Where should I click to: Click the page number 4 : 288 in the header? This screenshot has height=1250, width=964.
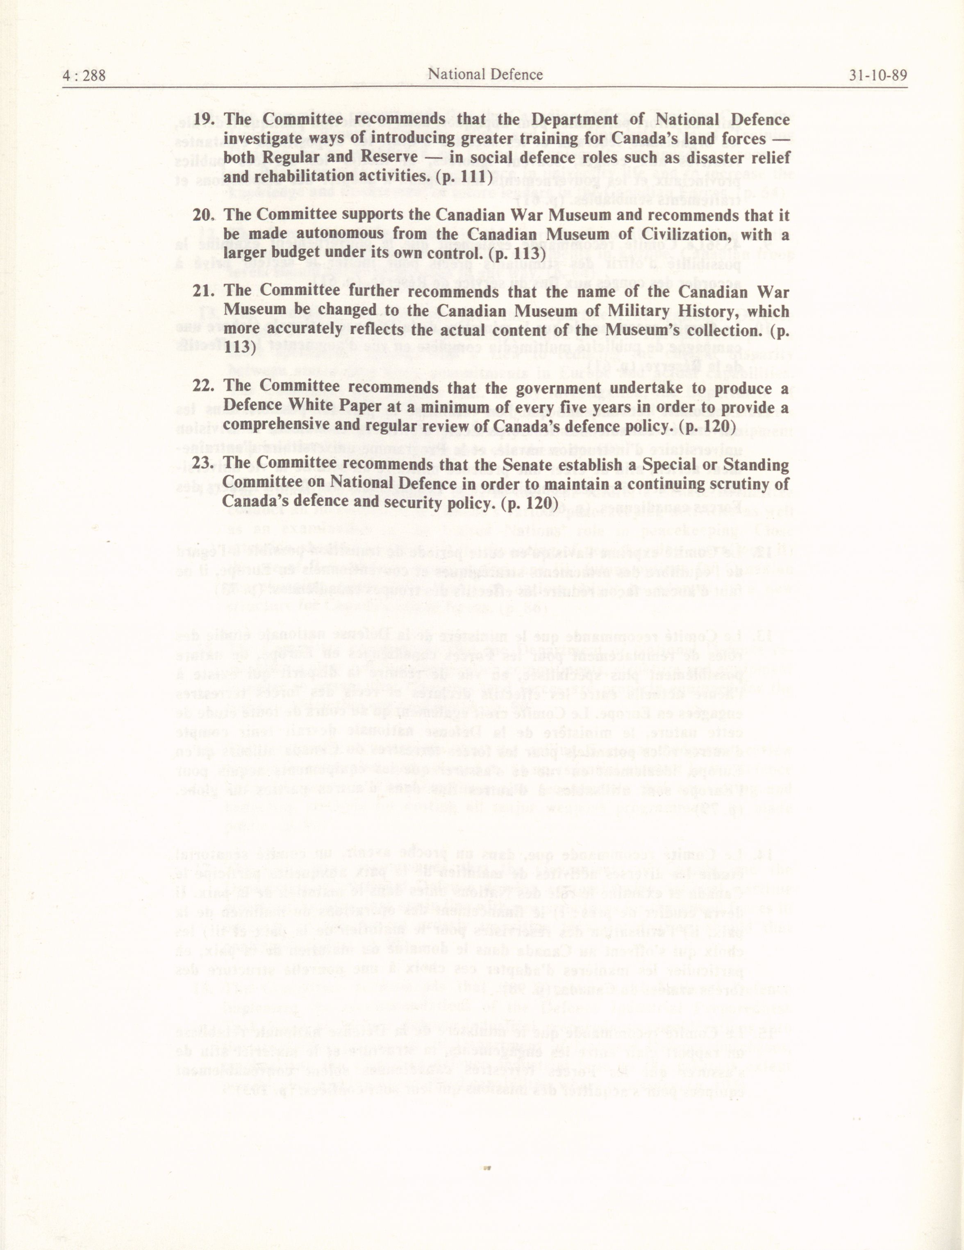point(84,75)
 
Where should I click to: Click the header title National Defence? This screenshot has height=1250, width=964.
point(485,75)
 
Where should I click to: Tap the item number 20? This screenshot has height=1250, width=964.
point(203,215)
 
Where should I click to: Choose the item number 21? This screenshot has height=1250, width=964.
point(203,291)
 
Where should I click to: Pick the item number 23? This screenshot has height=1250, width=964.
point(203,464)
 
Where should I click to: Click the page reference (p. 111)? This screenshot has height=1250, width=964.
point(462,177)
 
